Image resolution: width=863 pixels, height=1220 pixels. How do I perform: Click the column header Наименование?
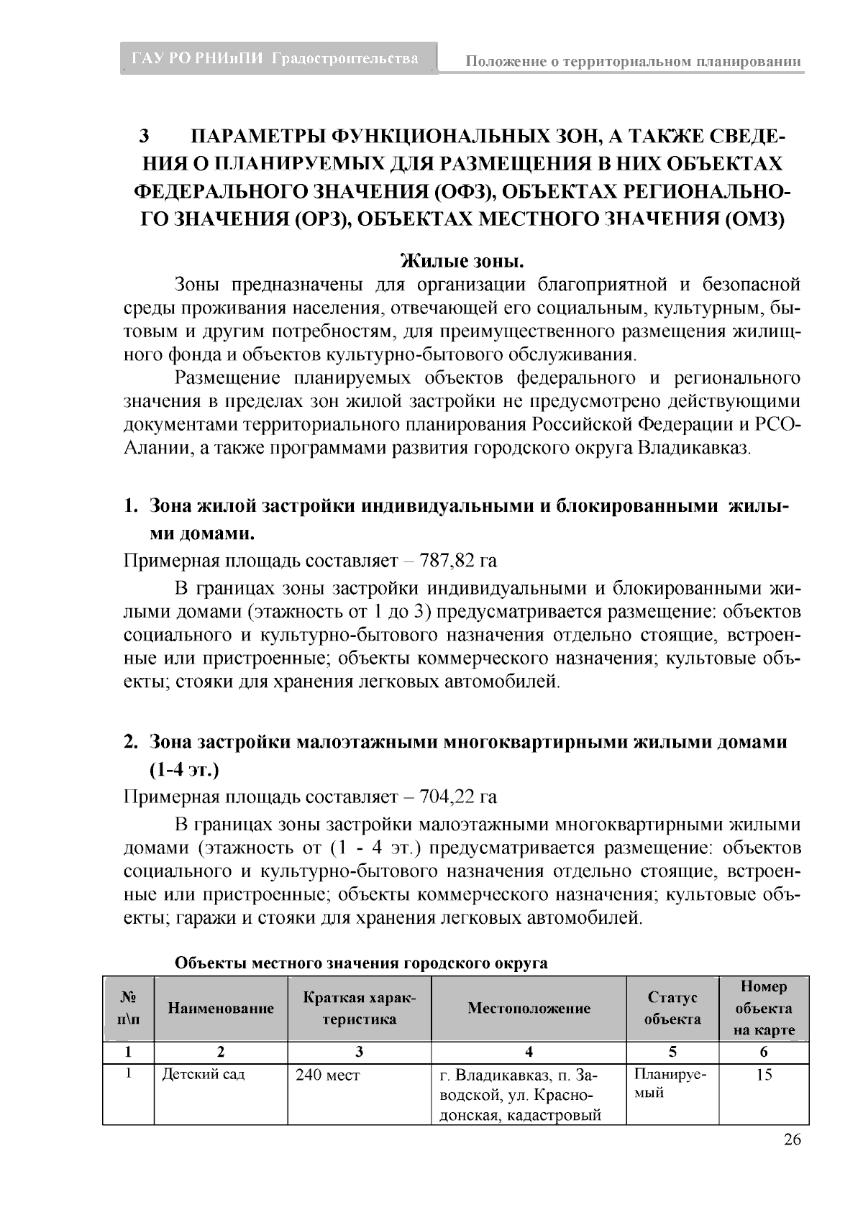(x=221, y=1008)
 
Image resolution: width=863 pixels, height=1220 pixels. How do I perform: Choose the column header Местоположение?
(x=529, y=1008)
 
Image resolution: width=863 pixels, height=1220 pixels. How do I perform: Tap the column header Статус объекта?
(x=672, y=1008)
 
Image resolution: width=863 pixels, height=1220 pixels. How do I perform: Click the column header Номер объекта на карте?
(x=763, y=1008)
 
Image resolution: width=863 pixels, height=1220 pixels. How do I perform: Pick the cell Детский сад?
(x=204, y=1075)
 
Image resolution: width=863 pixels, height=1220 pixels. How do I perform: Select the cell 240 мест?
(x=328, y=1075)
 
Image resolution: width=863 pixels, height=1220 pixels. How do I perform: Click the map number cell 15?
(x=764, y=1075)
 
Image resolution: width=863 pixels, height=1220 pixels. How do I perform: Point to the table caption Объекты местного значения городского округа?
(x=362, y=963)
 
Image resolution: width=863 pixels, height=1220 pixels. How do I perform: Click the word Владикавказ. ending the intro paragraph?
(x=694, y=449)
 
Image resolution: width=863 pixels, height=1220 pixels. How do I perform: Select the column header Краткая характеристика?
(x=359, y=1008)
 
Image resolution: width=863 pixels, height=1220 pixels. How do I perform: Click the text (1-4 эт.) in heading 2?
(x=184, y=770)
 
